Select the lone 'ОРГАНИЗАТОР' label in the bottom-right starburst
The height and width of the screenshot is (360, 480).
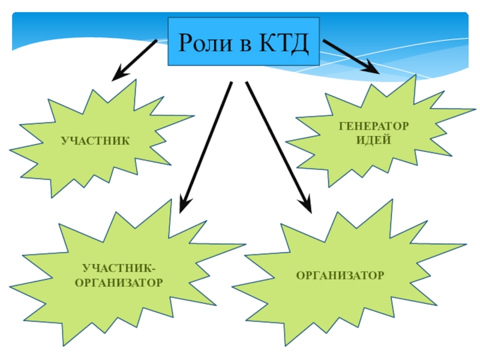click(340, 275)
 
